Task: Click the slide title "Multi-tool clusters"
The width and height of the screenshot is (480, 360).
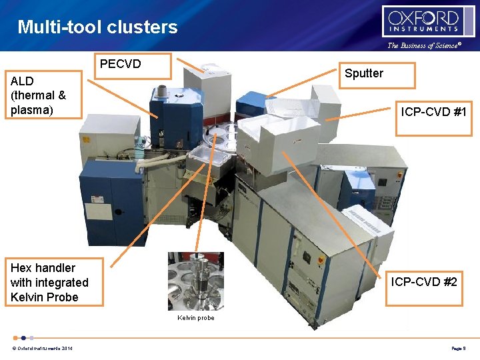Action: click(x=97, y=27)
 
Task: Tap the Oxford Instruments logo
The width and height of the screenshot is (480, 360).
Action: click(x=429, y=21)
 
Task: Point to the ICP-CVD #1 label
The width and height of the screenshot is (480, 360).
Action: click(x=433, y=113)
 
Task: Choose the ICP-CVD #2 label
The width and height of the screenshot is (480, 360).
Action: click(x=423, y=283)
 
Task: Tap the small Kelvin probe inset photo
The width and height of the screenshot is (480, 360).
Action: click(x=195, y=281)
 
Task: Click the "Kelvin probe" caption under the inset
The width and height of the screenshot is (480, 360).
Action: click(x=195, y=318)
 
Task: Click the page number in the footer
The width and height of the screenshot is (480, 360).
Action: click(x=457, y=349)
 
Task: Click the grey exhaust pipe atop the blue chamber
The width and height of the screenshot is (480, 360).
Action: click(x=163, y=90)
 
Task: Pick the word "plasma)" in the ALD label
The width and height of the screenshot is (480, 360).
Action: click(x=31, y=110)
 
